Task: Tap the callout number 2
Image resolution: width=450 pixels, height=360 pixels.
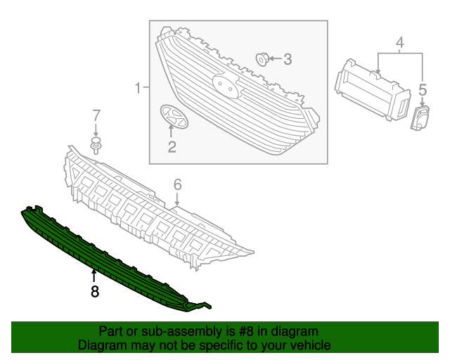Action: click(x=172, y=147)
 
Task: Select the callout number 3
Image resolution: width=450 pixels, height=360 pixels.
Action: click(x=288, y=60)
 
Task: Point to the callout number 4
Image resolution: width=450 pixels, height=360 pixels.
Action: click(x=399, y=44)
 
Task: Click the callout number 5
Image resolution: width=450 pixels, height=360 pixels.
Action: click(x=423, y=89)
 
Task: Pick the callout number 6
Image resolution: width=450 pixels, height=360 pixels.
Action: click(x=177, y=184)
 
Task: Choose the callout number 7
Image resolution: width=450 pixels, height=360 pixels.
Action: click(x=96, y=115)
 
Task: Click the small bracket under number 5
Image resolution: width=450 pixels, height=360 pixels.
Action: click(x=420, y=118)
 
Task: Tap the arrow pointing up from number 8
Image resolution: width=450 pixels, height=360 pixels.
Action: click(x=94, y=274)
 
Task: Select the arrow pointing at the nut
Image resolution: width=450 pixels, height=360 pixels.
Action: click(x=275, y=59)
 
